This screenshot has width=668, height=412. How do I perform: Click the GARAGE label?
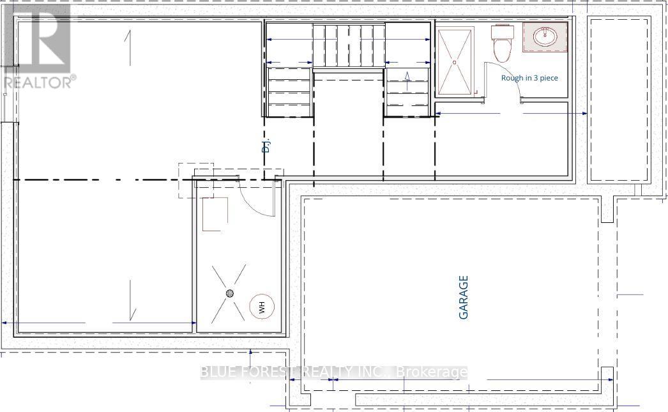click(464, 297)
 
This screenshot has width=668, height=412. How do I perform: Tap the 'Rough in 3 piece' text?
click(529, 78)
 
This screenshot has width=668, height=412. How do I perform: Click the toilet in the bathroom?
click(502, 41)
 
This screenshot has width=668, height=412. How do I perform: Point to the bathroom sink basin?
click(546, 36)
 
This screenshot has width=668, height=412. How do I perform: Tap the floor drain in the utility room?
click(230, 293)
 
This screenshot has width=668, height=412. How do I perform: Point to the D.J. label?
click(267, 146)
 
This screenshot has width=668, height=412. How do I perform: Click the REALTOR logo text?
click(38, 82)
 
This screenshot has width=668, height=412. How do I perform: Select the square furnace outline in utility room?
click(215, 214)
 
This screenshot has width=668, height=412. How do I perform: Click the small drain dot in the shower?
click(455, 63)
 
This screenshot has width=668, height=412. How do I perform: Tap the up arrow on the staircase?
click(407, 77)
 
